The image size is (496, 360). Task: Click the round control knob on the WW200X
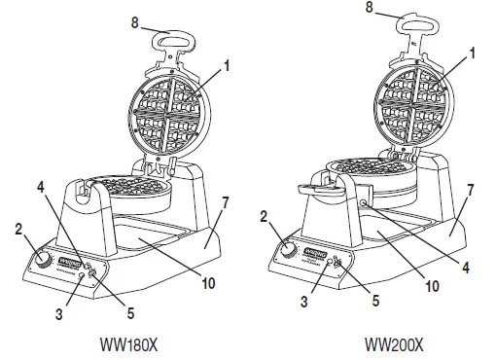[x=288, y=250]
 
